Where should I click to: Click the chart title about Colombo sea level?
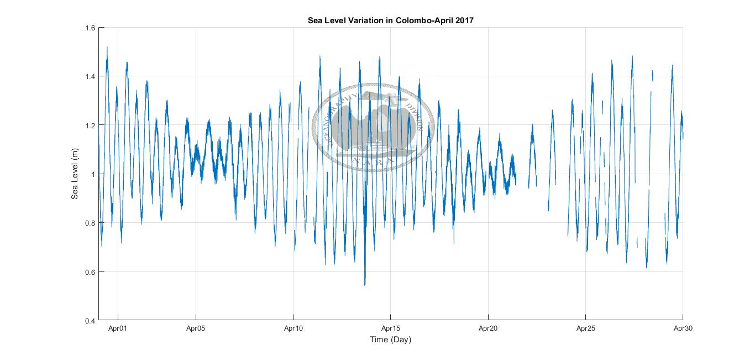click(391, 20)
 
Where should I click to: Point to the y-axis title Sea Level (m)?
click(75, 174)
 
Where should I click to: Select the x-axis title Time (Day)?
click(391, 340)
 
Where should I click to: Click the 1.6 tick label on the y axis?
click(90, 28)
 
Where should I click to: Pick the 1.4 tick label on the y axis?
click(90, 76)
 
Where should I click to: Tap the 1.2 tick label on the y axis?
click(90, 125)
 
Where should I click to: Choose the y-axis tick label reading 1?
click(93, 174)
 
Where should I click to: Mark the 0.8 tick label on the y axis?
click(90, 223)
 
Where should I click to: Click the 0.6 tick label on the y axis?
click(90, 272)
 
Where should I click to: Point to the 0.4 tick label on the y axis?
click(90, 320)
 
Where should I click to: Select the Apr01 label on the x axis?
click(118, 328)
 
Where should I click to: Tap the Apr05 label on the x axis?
click(196, 328)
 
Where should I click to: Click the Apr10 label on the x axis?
click(293, 328)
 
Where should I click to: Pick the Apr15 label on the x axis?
click(391, 328)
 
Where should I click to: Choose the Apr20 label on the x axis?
click(488, 328)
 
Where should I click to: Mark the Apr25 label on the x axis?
click(585, 328)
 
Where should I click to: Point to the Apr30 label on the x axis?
click(683, 328)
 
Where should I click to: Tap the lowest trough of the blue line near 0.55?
click(365, 284)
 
